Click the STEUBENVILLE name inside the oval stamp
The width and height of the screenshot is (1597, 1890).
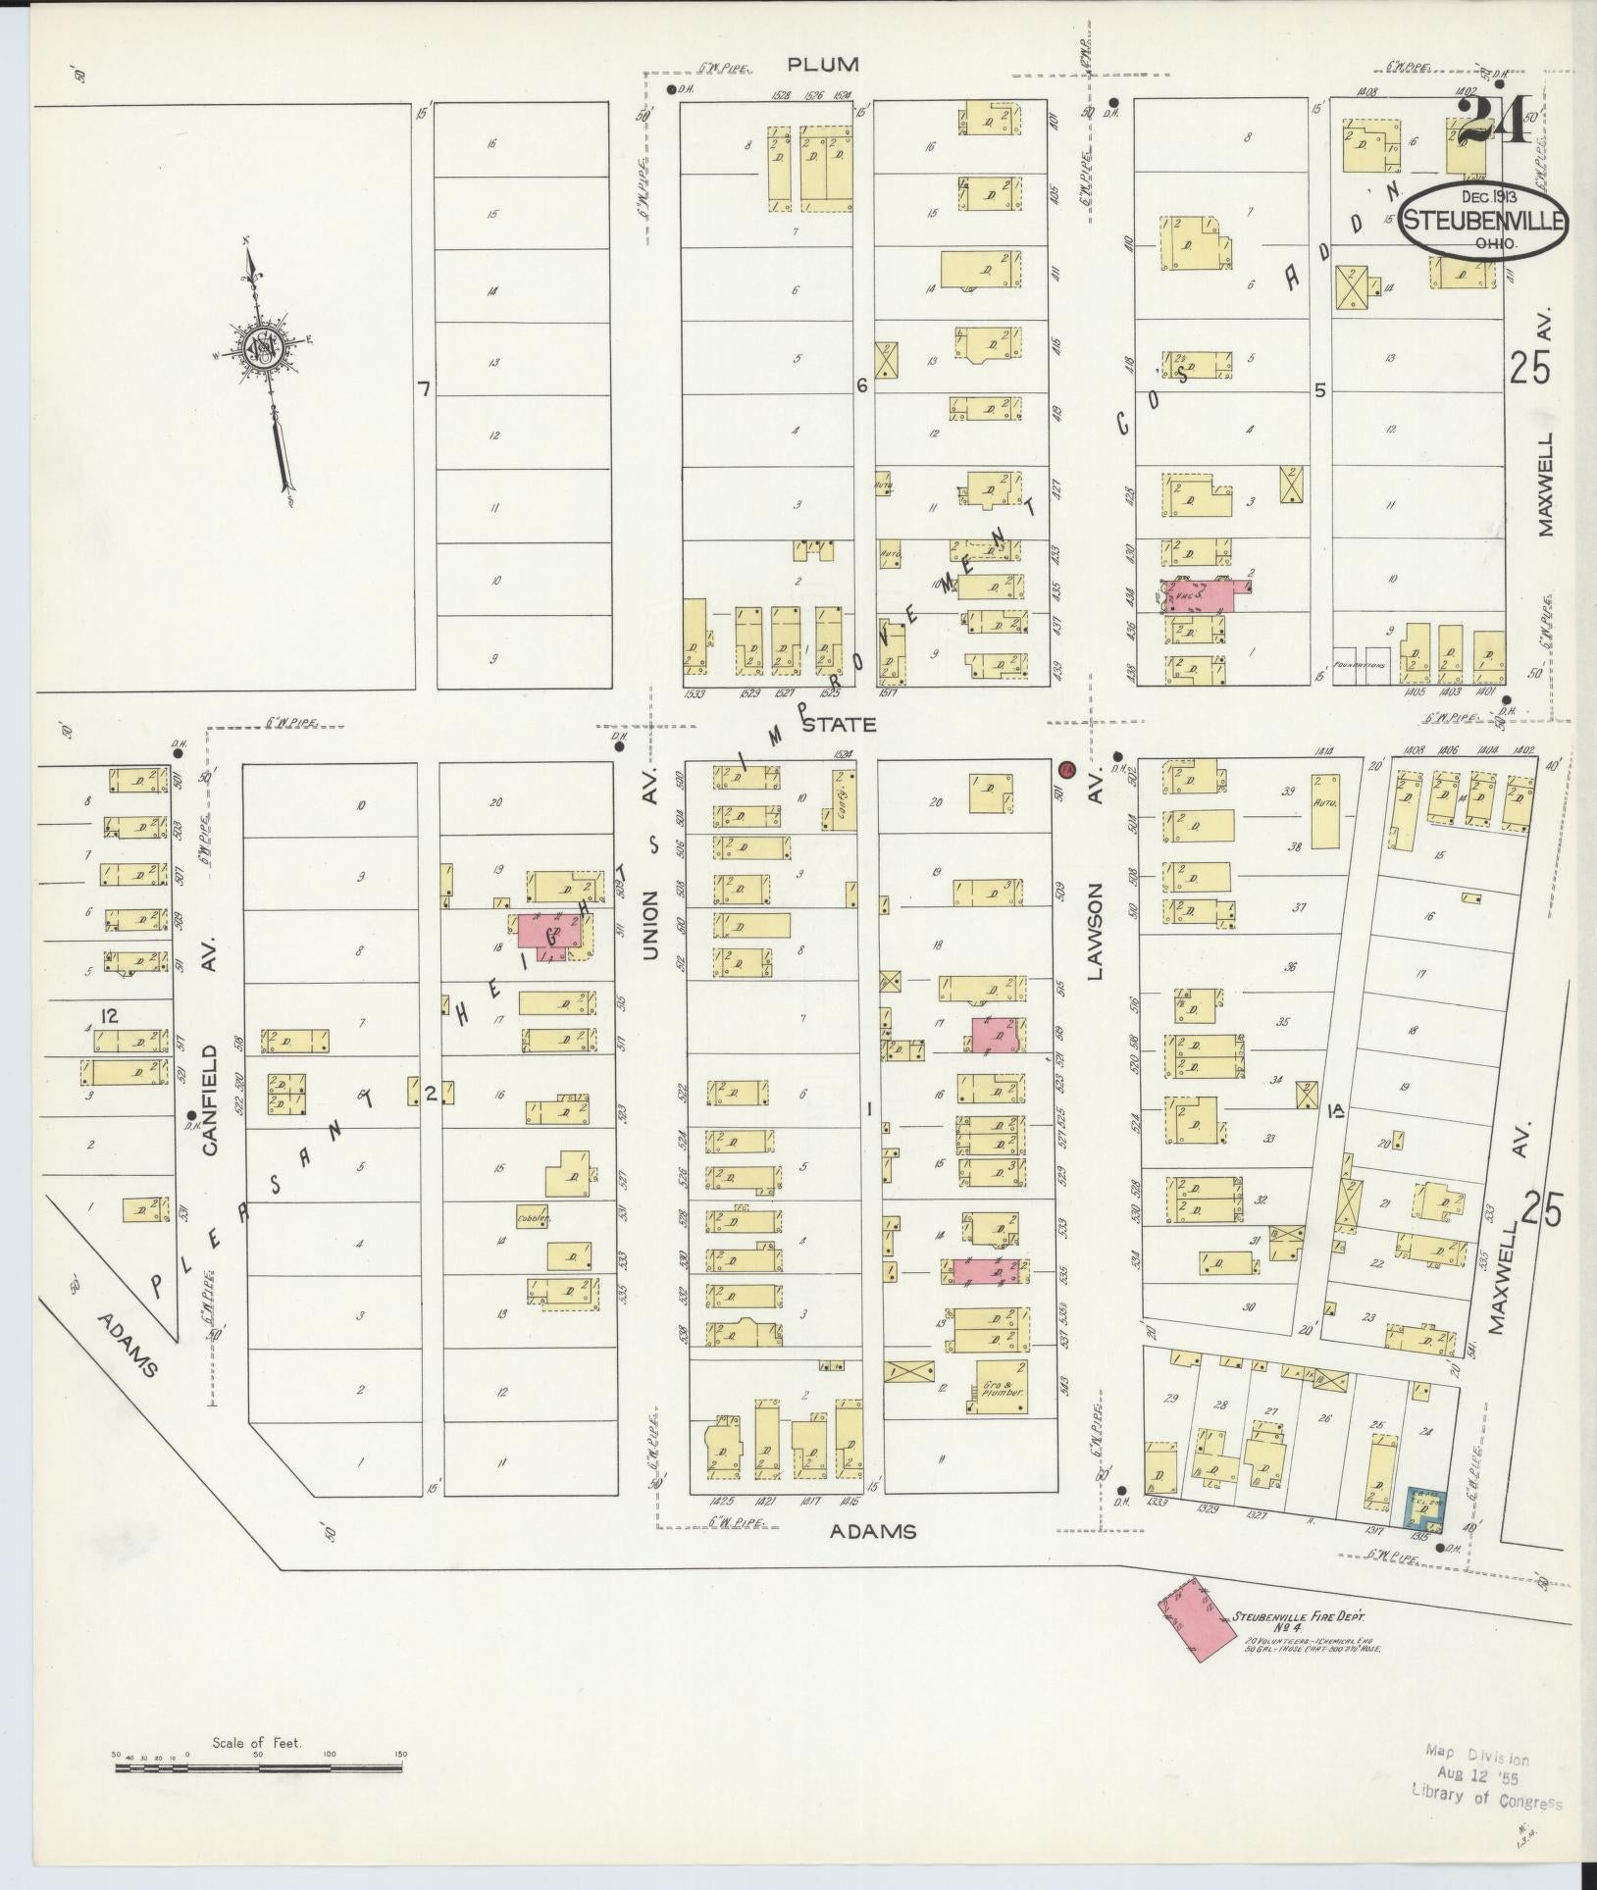[1482, 221]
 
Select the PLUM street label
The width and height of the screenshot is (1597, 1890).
[823, 65]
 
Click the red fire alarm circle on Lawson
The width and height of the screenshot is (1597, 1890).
[1068, 768]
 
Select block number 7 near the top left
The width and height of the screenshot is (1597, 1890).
[424, 389]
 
